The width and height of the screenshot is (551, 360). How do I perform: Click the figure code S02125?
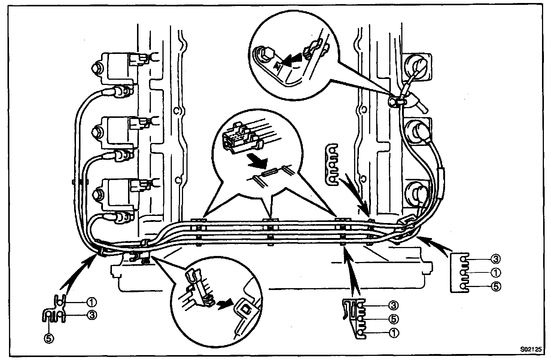pyautogui.click(x=531, y=349)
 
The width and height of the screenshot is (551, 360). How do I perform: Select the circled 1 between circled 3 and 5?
pyautogui.click(x=495, y=272)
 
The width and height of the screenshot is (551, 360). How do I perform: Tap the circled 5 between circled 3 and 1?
pyautogui.click(x=393, y=319)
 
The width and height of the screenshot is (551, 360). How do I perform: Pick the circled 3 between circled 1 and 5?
pyautogui.click(x=91, y=315)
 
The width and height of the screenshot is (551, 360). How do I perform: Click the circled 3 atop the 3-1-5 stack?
pyautogui.click(x=495, y=259)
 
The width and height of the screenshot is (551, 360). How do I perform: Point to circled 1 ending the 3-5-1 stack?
pyautogui.click(x=393, y=332)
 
